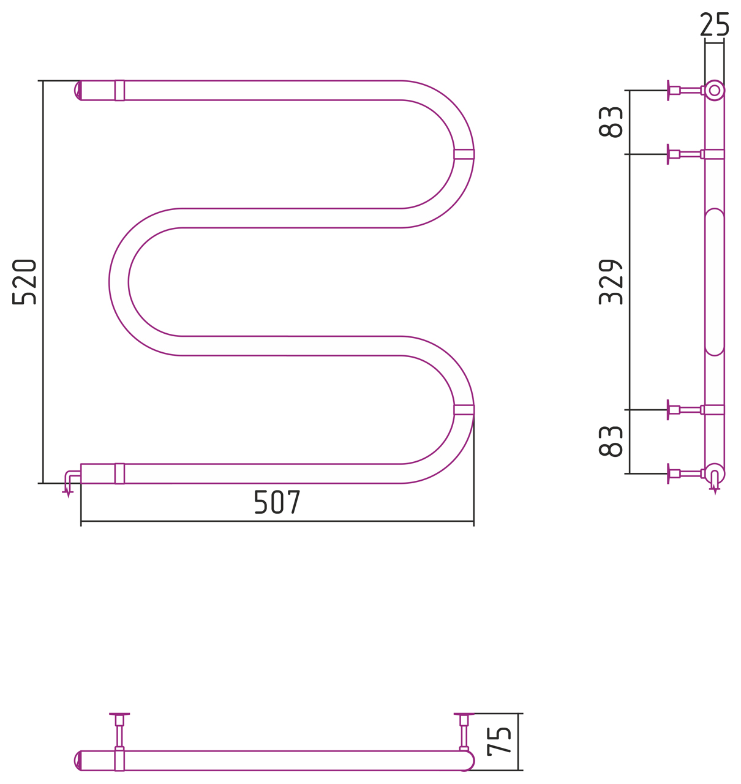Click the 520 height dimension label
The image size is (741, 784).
[x=24, y=282]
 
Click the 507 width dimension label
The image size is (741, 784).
[x=277, y=502]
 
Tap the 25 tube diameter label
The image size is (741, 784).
[x=714, y=24]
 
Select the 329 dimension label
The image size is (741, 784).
[x=610, y=282]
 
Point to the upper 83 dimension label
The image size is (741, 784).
[x=610, y=123]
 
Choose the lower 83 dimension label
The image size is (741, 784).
[x=610, y=442]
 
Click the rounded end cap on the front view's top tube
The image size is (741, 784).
[x=78, y=91]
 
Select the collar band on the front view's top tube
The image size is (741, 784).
[x=119, y=91]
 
